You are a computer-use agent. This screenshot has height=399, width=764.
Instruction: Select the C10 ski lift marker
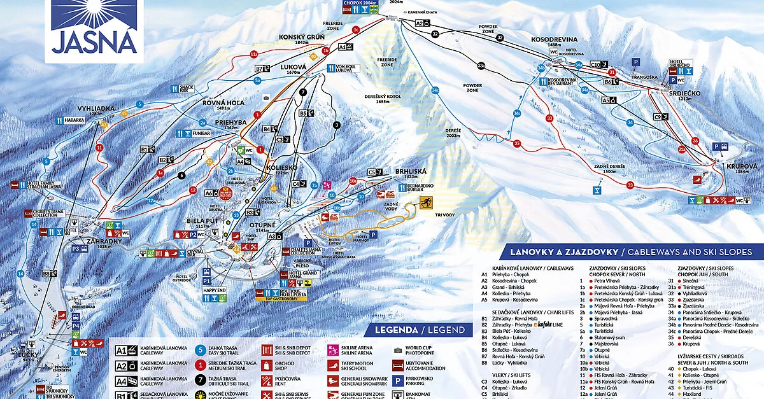pos(597,64)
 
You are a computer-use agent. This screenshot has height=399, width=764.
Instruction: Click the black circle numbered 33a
pos(482,65)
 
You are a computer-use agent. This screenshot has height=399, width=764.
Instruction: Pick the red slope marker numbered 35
pos(517,144)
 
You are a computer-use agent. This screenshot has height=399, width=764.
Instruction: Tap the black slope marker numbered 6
pos(182,174)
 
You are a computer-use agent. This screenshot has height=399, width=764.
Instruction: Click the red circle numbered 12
pos(193,190)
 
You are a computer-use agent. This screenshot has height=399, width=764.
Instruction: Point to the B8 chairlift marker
pos(46,274)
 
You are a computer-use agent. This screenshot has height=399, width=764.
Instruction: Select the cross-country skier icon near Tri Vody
pos(424,202)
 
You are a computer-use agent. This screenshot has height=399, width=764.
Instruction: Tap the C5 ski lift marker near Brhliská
pos(372,171)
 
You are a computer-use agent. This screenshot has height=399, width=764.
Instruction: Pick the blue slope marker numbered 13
pos(236,215)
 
